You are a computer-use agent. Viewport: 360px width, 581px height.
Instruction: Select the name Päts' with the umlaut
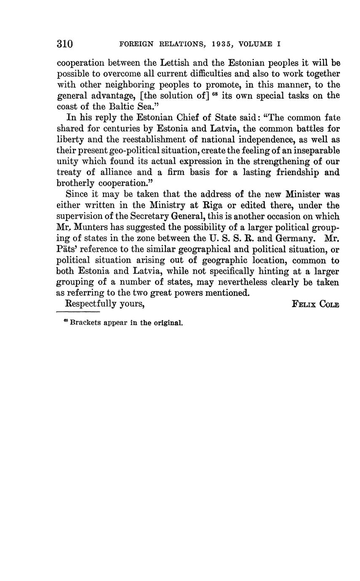pyautogui.click(x=67, y=249)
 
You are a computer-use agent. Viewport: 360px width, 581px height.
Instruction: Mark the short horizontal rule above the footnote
pyautogui.click(x=78, y=312)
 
